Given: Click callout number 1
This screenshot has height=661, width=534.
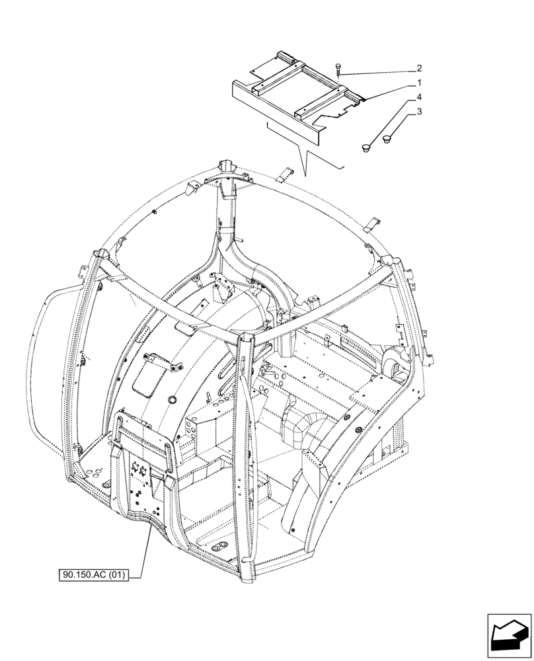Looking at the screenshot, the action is [419, 83].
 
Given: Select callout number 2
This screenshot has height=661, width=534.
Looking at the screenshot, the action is [419, 67].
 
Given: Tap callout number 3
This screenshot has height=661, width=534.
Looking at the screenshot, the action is [419, 113].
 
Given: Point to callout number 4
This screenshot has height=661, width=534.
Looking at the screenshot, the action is [419, 98].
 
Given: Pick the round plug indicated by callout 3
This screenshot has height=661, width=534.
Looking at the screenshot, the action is [387, 137].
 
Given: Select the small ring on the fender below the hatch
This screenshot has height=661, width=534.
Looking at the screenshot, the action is [174, 401].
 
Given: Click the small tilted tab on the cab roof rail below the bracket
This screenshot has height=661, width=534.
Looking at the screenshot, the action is [284, 176].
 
